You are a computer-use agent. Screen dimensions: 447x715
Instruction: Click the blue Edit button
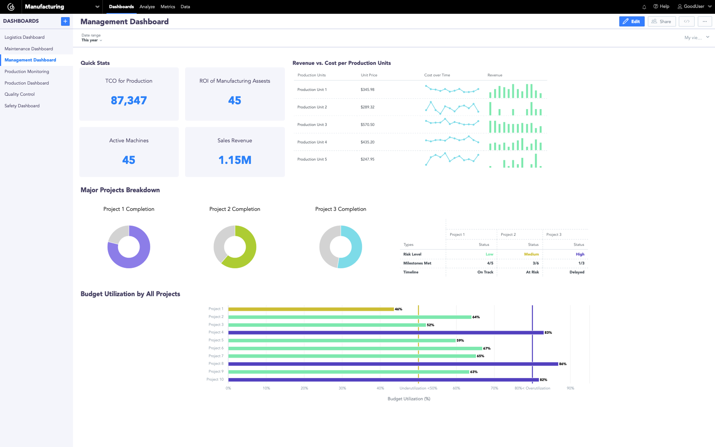coord(632,22)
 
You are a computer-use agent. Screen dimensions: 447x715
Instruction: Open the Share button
coord(661,22)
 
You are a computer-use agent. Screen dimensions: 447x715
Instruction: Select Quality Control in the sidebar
coord(20,94)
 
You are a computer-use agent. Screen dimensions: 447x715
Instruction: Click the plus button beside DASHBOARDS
coord(65,21)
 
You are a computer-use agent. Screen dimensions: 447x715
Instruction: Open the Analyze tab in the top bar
coord(147,7)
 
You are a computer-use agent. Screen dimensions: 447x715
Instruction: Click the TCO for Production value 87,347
coord(129,101)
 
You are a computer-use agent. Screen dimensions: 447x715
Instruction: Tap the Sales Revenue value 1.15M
coord(235,160)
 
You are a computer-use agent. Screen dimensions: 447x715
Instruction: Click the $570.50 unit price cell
coord(367,125)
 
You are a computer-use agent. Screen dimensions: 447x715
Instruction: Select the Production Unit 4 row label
coord(312,142)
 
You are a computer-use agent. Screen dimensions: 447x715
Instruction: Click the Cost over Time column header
coord(437,75)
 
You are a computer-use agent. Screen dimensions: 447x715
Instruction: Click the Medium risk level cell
coord(531,254)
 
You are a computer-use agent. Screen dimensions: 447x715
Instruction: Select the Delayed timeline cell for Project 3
coord(576,272)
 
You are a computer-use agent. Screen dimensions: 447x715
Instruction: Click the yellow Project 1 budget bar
coord(311,309)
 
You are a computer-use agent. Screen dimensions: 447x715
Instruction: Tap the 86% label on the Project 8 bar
coord(562,364)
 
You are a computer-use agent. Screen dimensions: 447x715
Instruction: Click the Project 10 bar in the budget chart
coord(384,380)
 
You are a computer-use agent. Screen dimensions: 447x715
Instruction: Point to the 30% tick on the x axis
coord(342,388)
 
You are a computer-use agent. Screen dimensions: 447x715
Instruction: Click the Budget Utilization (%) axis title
coord(409,399)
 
